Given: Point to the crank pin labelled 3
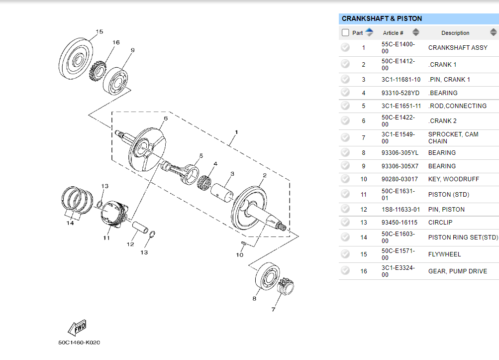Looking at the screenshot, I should (x=222, y=191).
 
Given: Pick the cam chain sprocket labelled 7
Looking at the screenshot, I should (x=285, y=288).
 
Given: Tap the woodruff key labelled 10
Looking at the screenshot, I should (x=243, y=243).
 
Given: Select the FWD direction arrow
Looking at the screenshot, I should (x=77, y=328).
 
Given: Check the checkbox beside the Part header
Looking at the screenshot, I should (x=345, y=33).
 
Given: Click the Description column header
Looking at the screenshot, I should (x=455, y=33).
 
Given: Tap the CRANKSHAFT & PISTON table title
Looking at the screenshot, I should (x=382, y=18).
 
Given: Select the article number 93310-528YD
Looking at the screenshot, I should (x=400, y=93).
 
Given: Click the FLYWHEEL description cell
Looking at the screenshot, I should (x=444, y=254).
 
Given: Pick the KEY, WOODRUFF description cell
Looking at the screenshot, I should (x=452, y=179).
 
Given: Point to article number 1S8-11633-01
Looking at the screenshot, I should (x=400, y=209).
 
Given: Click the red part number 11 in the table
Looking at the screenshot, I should (x=364, y=194).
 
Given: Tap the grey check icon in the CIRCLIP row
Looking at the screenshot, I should (x=345, y=222).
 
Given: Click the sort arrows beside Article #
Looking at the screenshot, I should (x=416, y=33).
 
